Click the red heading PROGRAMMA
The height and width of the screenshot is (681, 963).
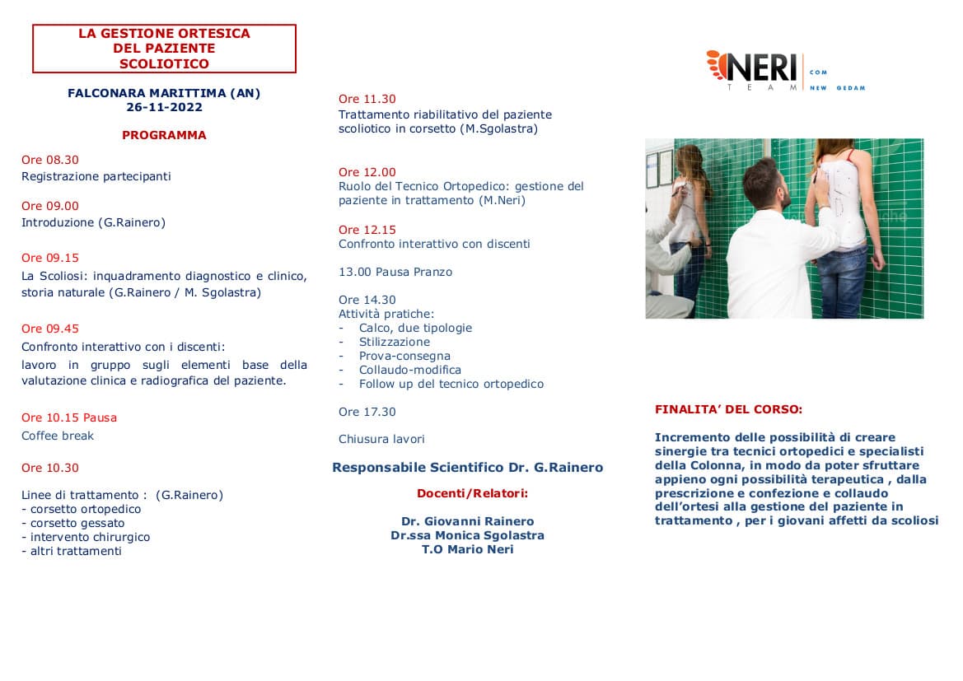(x=164, y=135)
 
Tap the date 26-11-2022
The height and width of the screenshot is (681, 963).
(x=164, y=107)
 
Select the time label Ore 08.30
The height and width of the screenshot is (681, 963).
(x=50, y=160)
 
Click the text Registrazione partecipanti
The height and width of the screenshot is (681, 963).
(x=96, y=176)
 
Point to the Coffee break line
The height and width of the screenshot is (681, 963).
(x=58, y=436)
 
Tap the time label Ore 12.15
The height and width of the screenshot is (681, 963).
(x=367, y=230)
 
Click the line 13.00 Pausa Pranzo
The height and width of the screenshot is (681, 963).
(x=395, y=272)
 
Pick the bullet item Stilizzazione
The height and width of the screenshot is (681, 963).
(x=395, y=342)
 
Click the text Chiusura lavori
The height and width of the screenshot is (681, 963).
(x=381, y=439)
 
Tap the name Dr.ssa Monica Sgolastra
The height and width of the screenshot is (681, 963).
(x=467, y=535)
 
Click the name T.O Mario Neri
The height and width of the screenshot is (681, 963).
(x=467, y=549)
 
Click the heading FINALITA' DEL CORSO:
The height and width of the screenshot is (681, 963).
(x=728, y=408)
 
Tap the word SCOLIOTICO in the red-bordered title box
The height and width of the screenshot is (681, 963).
(x=164, y=63)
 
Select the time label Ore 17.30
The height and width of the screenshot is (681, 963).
(x=367, y=412)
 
